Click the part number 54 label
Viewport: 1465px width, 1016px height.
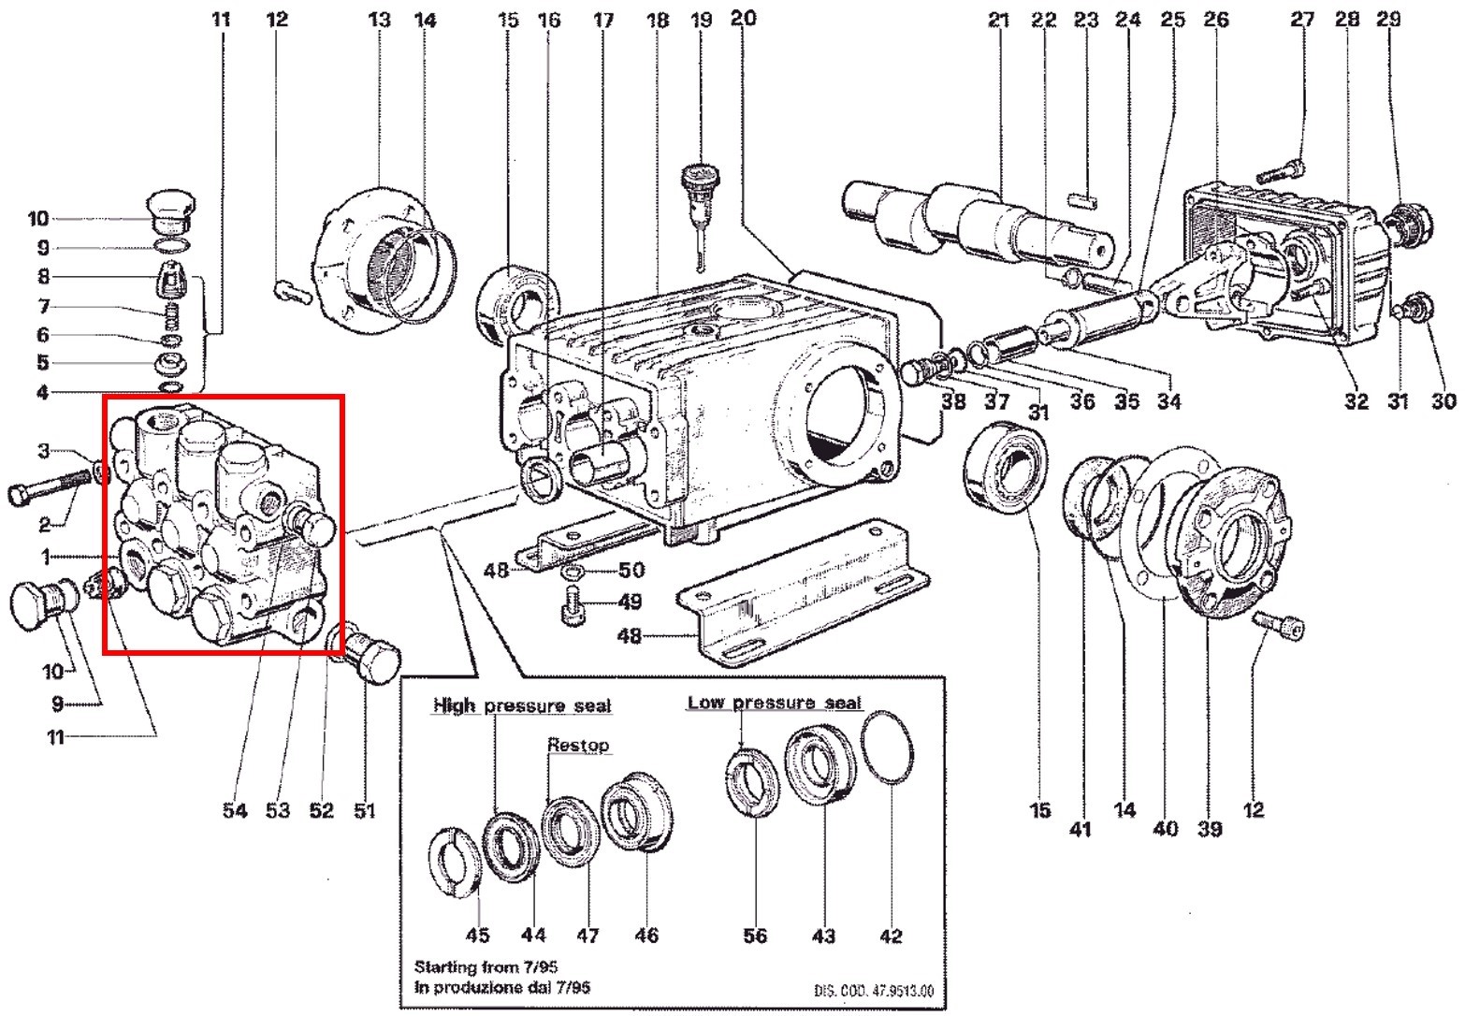(x=235, y=810)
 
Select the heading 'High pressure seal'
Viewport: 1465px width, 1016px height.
(x=521, y=705)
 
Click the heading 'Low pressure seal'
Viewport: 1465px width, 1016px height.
(x=775, y=703)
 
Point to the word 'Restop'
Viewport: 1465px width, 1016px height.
(x=578, y=745)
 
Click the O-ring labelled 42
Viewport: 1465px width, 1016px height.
(x=888, y=747)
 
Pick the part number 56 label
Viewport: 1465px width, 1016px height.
(x=754, y=936)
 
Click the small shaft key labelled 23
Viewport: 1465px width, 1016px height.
(x=1084, y=198)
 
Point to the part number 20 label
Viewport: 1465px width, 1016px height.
(x=743, y=18)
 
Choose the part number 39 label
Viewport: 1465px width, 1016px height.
(x=1210, y=829)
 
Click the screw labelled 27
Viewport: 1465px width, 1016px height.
(x=1278, y=172)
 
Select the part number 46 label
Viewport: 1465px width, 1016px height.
(x=646, y=935)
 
